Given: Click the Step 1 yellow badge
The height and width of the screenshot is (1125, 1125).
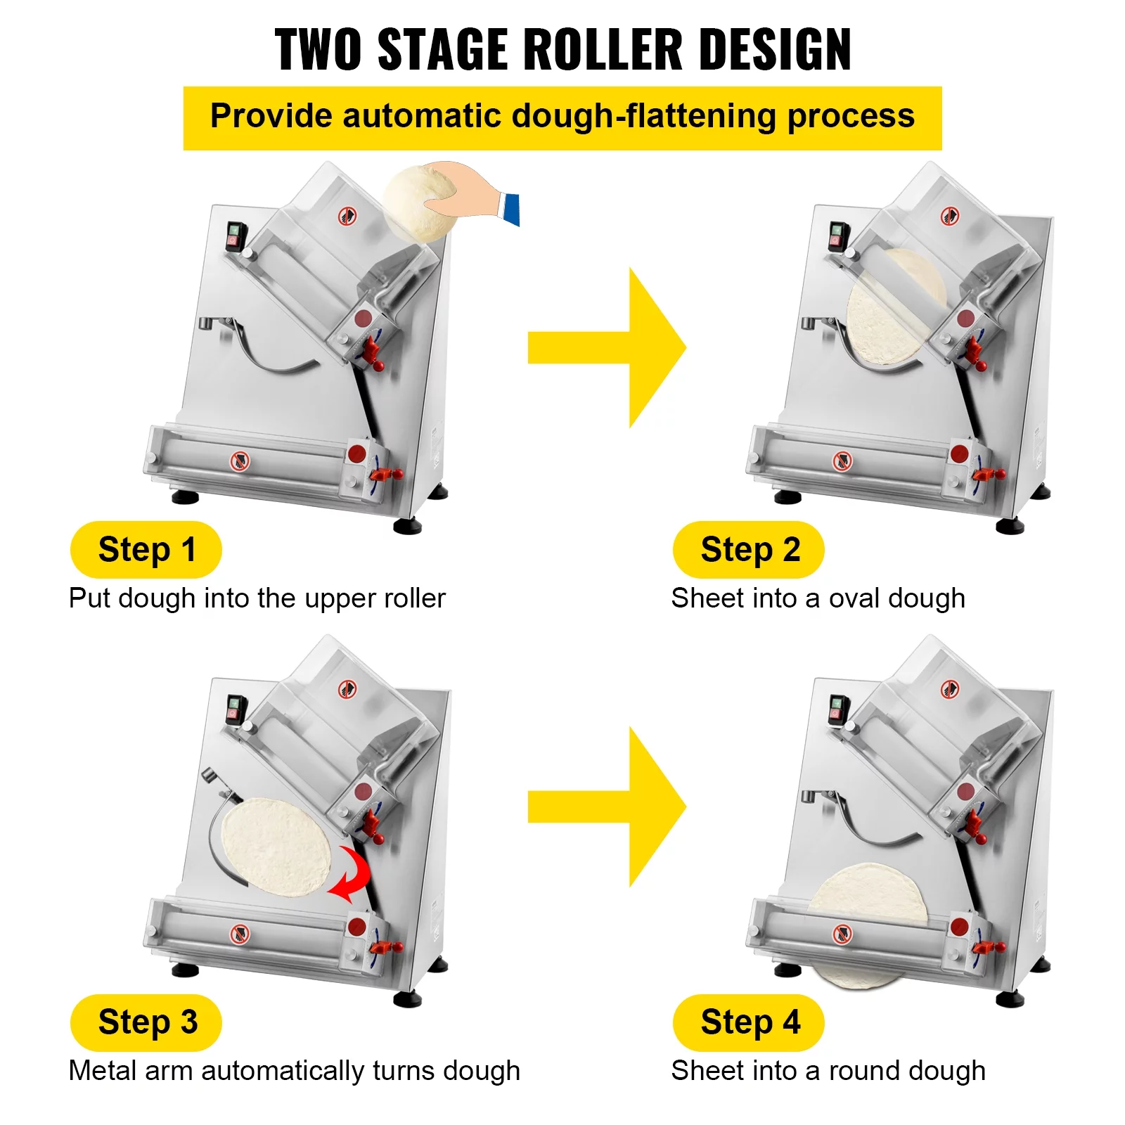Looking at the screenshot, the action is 146,549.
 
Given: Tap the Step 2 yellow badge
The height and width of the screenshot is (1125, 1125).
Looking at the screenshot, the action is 748,549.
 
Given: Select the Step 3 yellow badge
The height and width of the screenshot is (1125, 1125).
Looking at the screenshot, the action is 146,1022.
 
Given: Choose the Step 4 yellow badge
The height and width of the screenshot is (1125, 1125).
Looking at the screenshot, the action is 748,1022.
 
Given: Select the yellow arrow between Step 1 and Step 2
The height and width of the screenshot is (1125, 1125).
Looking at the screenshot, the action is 606,347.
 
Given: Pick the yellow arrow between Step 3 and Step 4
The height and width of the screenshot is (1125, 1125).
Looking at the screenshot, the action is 606,807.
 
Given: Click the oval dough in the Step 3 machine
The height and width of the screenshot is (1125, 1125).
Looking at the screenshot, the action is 277,847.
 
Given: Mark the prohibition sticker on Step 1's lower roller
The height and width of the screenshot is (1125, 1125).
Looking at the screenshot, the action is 240,461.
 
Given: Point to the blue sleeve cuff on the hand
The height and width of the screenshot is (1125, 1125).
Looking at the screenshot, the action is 510,209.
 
